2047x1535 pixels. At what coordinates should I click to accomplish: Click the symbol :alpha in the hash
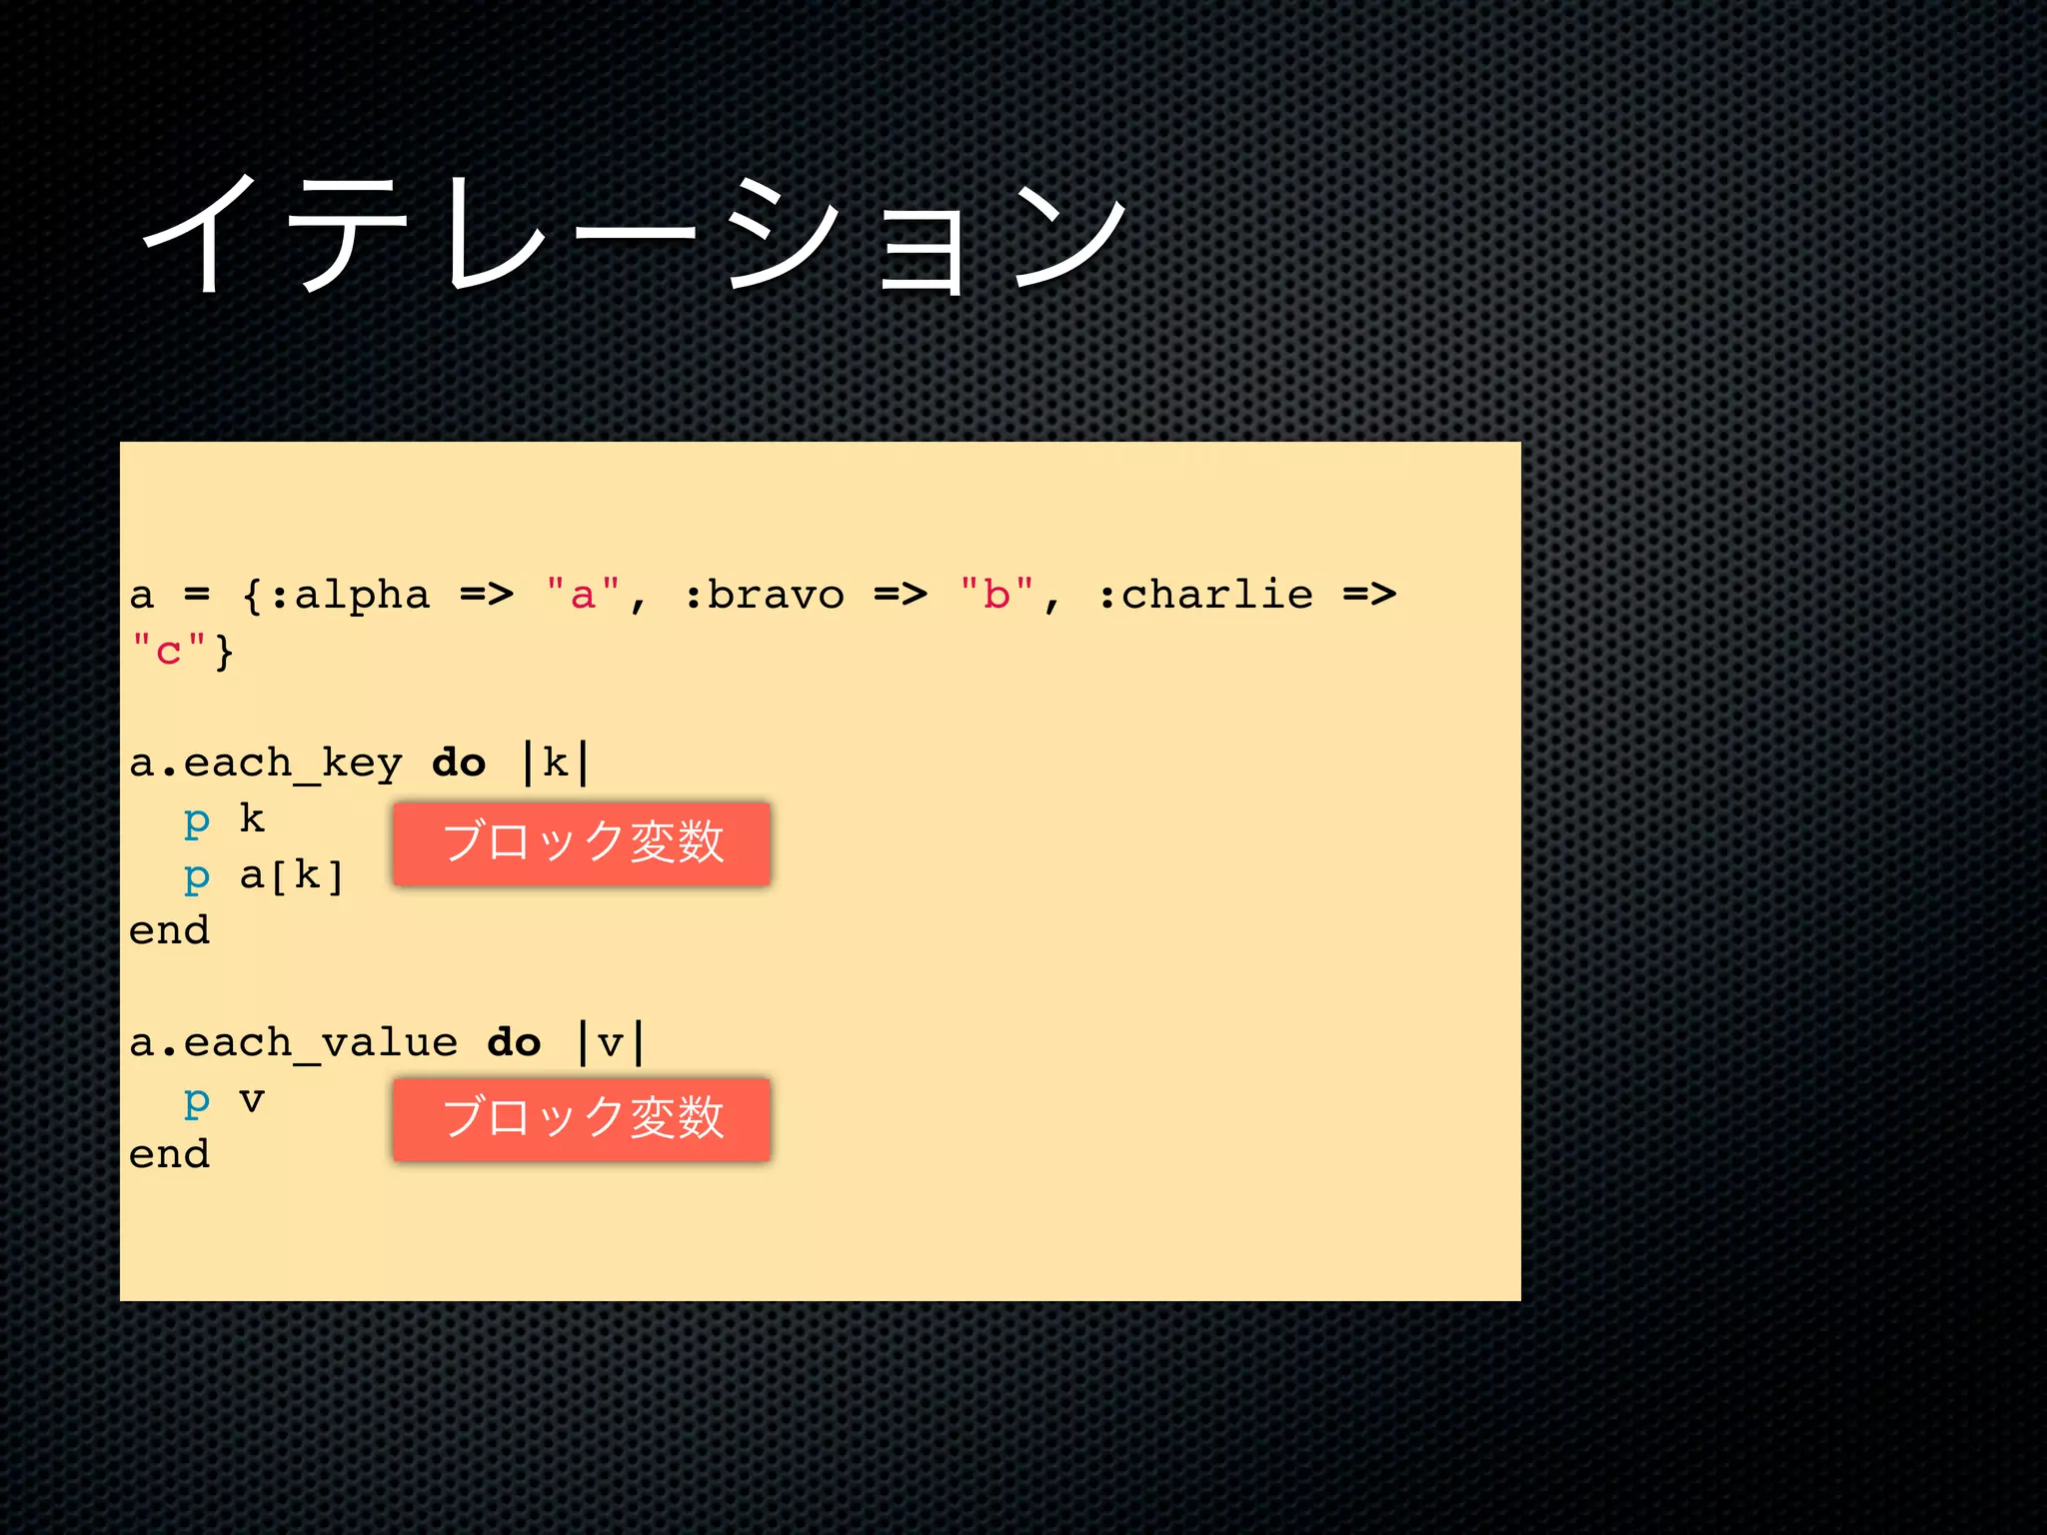click(350, 595)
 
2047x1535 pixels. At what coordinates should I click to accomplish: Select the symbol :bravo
click(765, 595)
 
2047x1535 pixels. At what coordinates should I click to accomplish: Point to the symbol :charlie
click(1205, 595)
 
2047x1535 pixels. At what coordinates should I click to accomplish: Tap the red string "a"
click(584, 595)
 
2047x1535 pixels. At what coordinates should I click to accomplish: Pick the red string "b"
click(997, 595)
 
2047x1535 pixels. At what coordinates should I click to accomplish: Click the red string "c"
click(168, 651)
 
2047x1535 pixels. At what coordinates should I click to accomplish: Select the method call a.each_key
click(266, 764)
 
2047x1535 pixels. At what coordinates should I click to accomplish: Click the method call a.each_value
click(294, 1043)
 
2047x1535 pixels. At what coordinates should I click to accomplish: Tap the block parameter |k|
click(556, 764)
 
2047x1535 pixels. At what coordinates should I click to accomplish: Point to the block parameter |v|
click(611, 1043)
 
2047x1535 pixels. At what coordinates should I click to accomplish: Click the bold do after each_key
click(459, 764)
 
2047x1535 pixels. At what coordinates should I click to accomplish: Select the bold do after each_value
click(514, 1043)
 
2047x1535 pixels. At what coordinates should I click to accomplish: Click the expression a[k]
click(292, 876)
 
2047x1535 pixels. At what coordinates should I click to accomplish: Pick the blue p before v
click(197, 1101)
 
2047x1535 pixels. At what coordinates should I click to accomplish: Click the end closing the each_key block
click(169, 931)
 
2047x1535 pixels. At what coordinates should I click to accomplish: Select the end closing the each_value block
click(169, 1155)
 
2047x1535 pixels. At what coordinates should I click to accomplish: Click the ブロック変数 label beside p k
click(582, 842)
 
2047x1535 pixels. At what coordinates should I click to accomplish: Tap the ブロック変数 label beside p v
click(582, 1118)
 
